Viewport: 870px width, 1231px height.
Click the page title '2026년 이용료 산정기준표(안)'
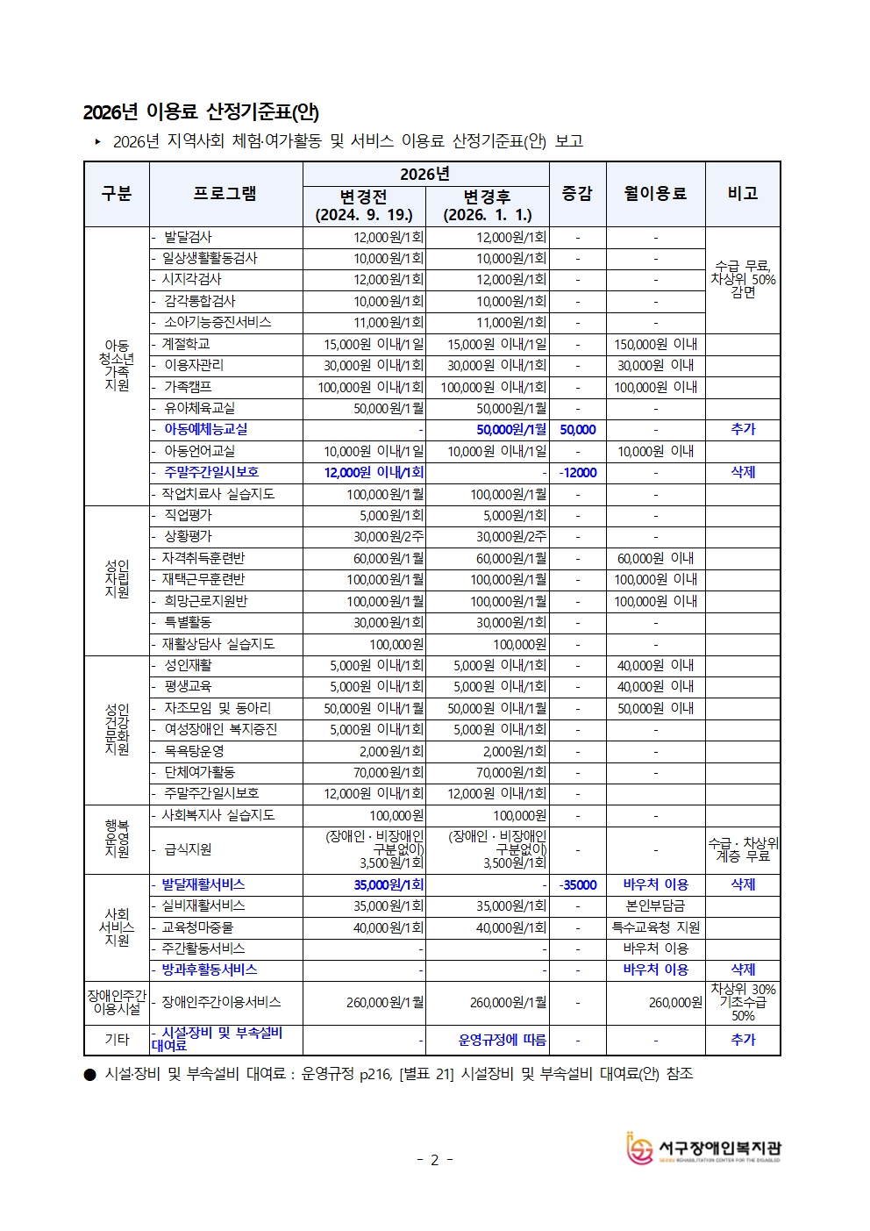[x=201, y=112]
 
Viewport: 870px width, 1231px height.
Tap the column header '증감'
[x=577, y=194]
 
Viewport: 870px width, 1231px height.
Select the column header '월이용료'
[x=655, y=194]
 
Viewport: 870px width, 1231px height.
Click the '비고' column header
[x=742, y=194]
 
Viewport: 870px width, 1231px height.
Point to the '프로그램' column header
[x=225, y=194]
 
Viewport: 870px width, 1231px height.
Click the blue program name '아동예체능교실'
[x=205, y=429]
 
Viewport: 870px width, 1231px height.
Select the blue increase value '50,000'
[x=577, y=430]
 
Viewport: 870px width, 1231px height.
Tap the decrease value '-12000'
[x=577, y=472]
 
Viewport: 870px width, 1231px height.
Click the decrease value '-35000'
[x=577, y=884]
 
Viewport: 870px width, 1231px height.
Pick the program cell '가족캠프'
[x=188, y=387]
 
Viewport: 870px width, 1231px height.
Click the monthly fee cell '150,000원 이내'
[x=655, y=344]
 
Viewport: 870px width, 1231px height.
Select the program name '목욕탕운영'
[x=194, y=751]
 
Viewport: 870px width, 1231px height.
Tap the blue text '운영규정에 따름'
[x=503, y=1040]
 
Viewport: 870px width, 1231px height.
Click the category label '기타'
[x=117, y=1040]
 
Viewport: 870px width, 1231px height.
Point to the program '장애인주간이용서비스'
[x=221, y=1002]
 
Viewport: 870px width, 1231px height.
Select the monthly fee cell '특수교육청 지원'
[x=655, y=927]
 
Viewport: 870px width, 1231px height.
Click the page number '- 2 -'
[x=435, y=1160]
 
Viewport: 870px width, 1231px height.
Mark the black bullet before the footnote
[x=89, y=1074]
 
